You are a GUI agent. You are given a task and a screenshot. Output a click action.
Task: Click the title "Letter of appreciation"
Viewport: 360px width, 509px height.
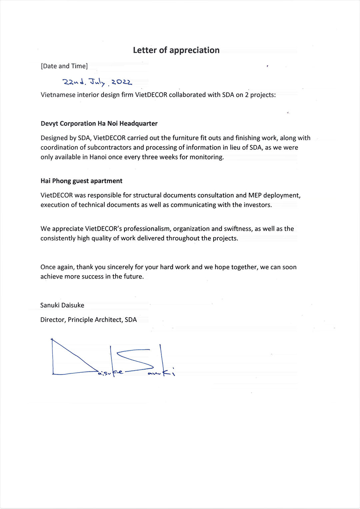pyautogui.click(x=176, y=50)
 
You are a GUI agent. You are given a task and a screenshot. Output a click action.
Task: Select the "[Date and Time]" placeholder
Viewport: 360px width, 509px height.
pyautogui.click(x=64, y=66)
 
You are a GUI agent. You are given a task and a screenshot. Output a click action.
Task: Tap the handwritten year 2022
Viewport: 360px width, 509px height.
pyautogui.click(x=122, y=82)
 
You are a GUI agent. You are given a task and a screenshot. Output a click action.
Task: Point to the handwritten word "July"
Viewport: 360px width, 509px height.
pyautogui.click(x=97, y=82)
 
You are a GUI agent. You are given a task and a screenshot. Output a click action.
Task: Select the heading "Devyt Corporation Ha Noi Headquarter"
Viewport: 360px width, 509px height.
pyautogui.click(x=99, y=123)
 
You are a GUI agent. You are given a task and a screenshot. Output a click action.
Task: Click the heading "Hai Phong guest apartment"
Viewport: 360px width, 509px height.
pyautogui.click(x=81, y=181)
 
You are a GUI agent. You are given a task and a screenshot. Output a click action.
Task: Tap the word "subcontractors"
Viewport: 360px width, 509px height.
pyautogui.click(x=110, y=147)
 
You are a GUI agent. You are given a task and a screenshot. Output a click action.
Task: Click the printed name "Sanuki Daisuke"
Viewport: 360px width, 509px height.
pyautogui.click(x=62, y=305)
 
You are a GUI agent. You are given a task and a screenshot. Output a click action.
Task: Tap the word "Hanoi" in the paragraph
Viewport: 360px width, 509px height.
pyautogui.click(x=98, y=157)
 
